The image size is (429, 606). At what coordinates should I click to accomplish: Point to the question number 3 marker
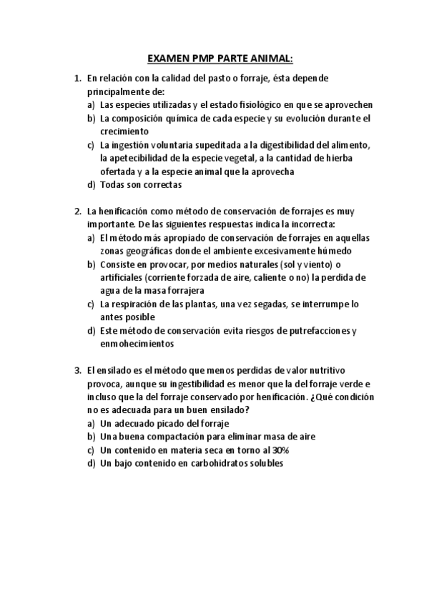pyautogui.click(x=78, y=371)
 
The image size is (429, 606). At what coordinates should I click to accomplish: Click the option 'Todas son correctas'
pyautogui.click(x=142, y=185)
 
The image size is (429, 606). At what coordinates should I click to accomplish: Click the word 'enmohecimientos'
pyautogui.click(x=137, y=344)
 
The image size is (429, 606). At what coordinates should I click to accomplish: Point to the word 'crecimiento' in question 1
pyautogui.click(x=124, y=131)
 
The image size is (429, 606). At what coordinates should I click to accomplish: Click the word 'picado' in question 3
pyautogui.click(x=178, y=424)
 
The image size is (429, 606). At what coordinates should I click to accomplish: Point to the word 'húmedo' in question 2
pyautogui.click(x=337, y=251)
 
